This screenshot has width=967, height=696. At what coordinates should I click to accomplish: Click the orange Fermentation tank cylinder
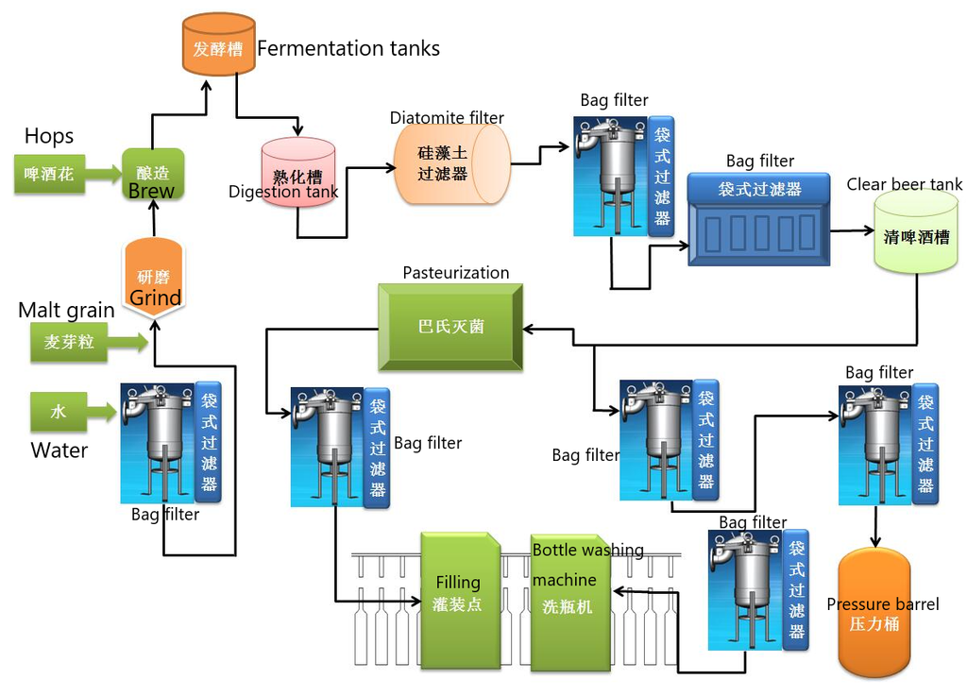[x=218, y=44]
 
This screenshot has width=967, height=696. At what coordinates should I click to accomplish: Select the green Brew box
[x=153, y=175]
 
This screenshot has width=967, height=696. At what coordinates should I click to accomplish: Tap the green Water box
[x=59, y=412]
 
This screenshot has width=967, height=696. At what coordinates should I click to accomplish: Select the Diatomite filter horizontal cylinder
[x=451, y=163]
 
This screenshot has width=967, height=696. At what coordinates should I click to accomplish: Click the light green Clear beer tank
[x=916, y=231]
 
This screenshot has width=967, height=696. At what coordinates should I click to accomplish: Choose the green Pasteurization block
[x=450, y=327]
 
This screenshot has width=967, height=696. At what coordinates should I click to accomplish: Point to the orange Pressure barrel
[x=874, y=613]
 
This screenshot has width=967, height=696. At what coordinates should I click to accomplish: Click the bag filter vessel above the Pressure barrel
[x=877, y=444]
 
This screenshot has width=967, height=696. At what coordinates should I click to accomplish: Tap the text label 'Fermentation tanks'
[x=348, y=48]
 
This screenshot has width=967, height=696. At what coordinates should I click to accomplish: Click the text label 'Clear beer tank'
[x=904, y=184]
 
